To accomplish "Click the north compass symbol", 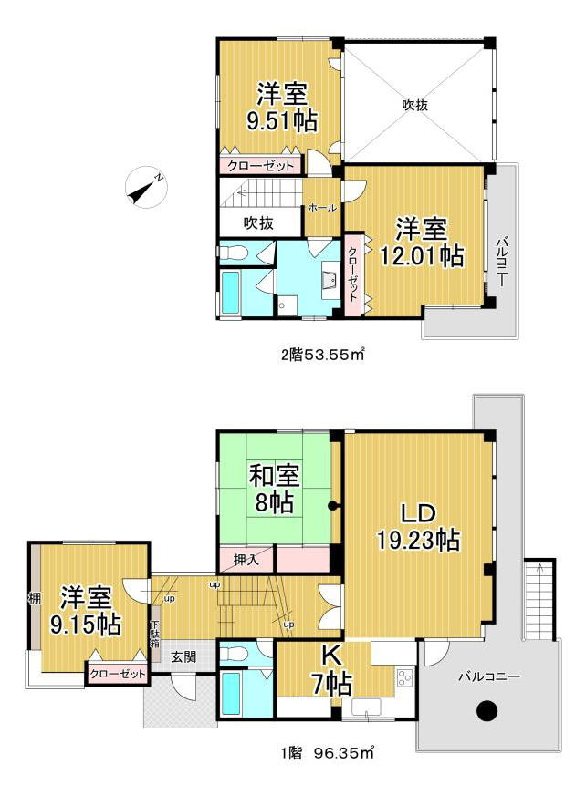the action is point(146,187).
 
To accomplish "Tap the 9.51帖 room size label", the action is point(282,121).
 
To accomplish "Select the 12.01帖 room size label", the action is point(422,256).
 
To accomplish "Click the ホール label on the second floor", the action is point(322,208).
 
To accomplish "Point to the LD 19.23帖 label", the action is point(418,527).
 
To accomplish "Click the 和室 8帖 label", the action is point(274,490).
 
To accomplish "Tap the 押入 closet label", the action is point(246,560).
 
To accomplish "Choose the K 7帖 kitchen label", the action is point(331,671).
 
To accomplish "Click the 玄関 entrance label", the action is point(183,657).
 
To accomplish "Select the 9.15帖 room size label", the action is point(85,625).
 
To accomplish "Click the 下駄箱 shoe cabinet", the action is point(155,634).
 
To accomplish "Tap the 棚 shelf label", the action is point(34,597).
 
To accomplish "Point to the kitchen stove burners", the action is point(404,678).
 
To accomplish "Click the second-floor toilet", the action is point(233,252).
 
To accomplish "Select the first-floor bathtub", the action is point(231,694).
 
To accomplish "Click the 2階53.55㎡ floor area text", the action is point(323,355).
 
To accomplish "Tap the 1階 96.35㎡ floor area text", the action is point(328,752).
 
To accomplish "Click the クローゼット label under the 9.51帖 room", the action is point(260,166).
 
